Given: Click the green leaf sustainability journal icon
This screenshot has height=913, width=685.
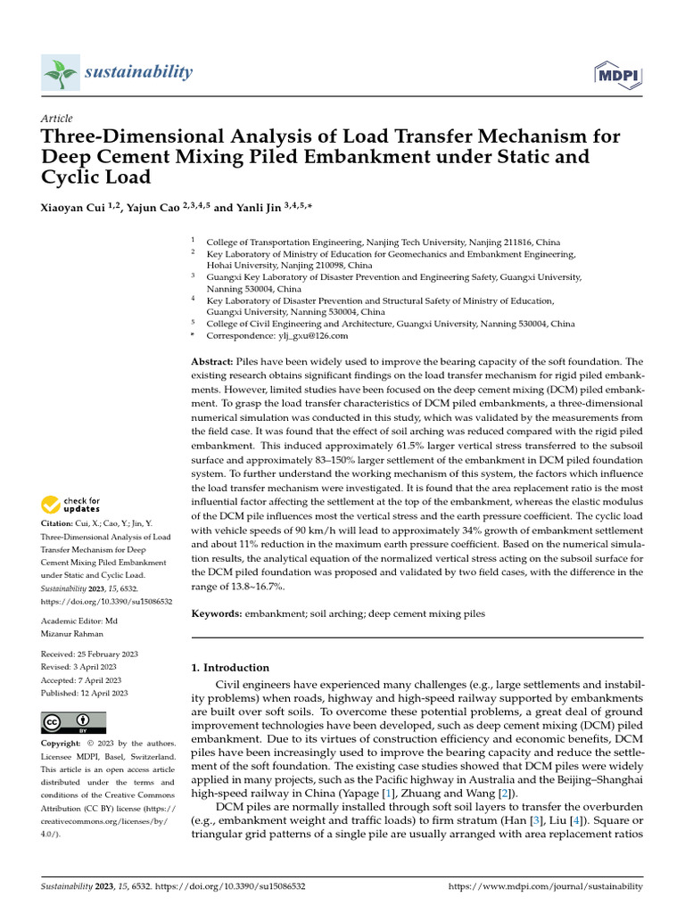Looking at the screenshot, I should click(60, 72).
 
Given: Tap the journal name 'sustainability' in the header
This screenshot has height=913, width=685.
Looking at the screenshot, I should click(138, 72).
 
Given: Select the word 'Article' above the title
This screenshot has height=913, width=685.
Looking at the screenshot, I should click(57, 119).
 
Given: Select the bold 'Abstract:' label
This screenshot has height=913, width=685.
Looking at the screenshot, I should click(213, 362).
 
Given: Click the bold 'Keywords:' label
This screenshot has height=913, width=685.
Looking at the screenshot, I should click(218, 614).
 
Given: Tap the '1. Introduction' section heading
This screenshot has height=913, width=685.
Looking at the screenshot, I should click(231, 667).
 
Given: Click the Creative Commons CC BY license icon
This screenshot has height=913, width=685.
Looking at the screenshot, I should click(74, 722).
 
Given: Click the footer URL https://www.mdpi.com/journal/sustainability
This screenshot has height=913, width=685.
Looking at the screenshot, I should click(544, 886).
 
